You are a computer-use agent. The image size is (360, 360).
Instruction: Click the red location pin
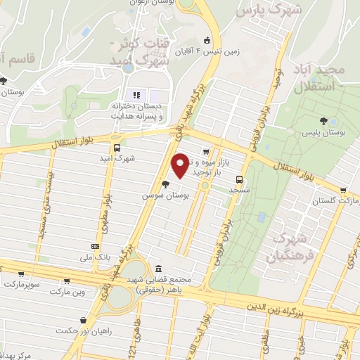click(181, 165)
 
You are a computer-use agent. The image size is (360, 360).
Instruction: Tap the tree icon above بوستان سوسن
click(165, 184)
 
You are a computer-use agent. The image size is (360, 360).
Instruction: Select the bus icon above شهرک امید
click(116, 148)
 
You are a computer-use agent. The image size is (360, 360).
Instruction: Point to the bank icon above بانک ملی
click(95, 245)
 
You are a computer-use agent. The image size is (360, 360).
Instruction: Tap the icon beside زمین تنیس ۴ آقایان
click(207, 39)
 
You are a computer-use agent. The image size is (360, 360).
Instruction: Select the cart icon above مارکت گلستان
click(343, 191)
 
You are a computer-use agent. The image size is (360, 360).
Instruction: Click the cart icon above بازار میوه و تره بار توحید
click(205, 150)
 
